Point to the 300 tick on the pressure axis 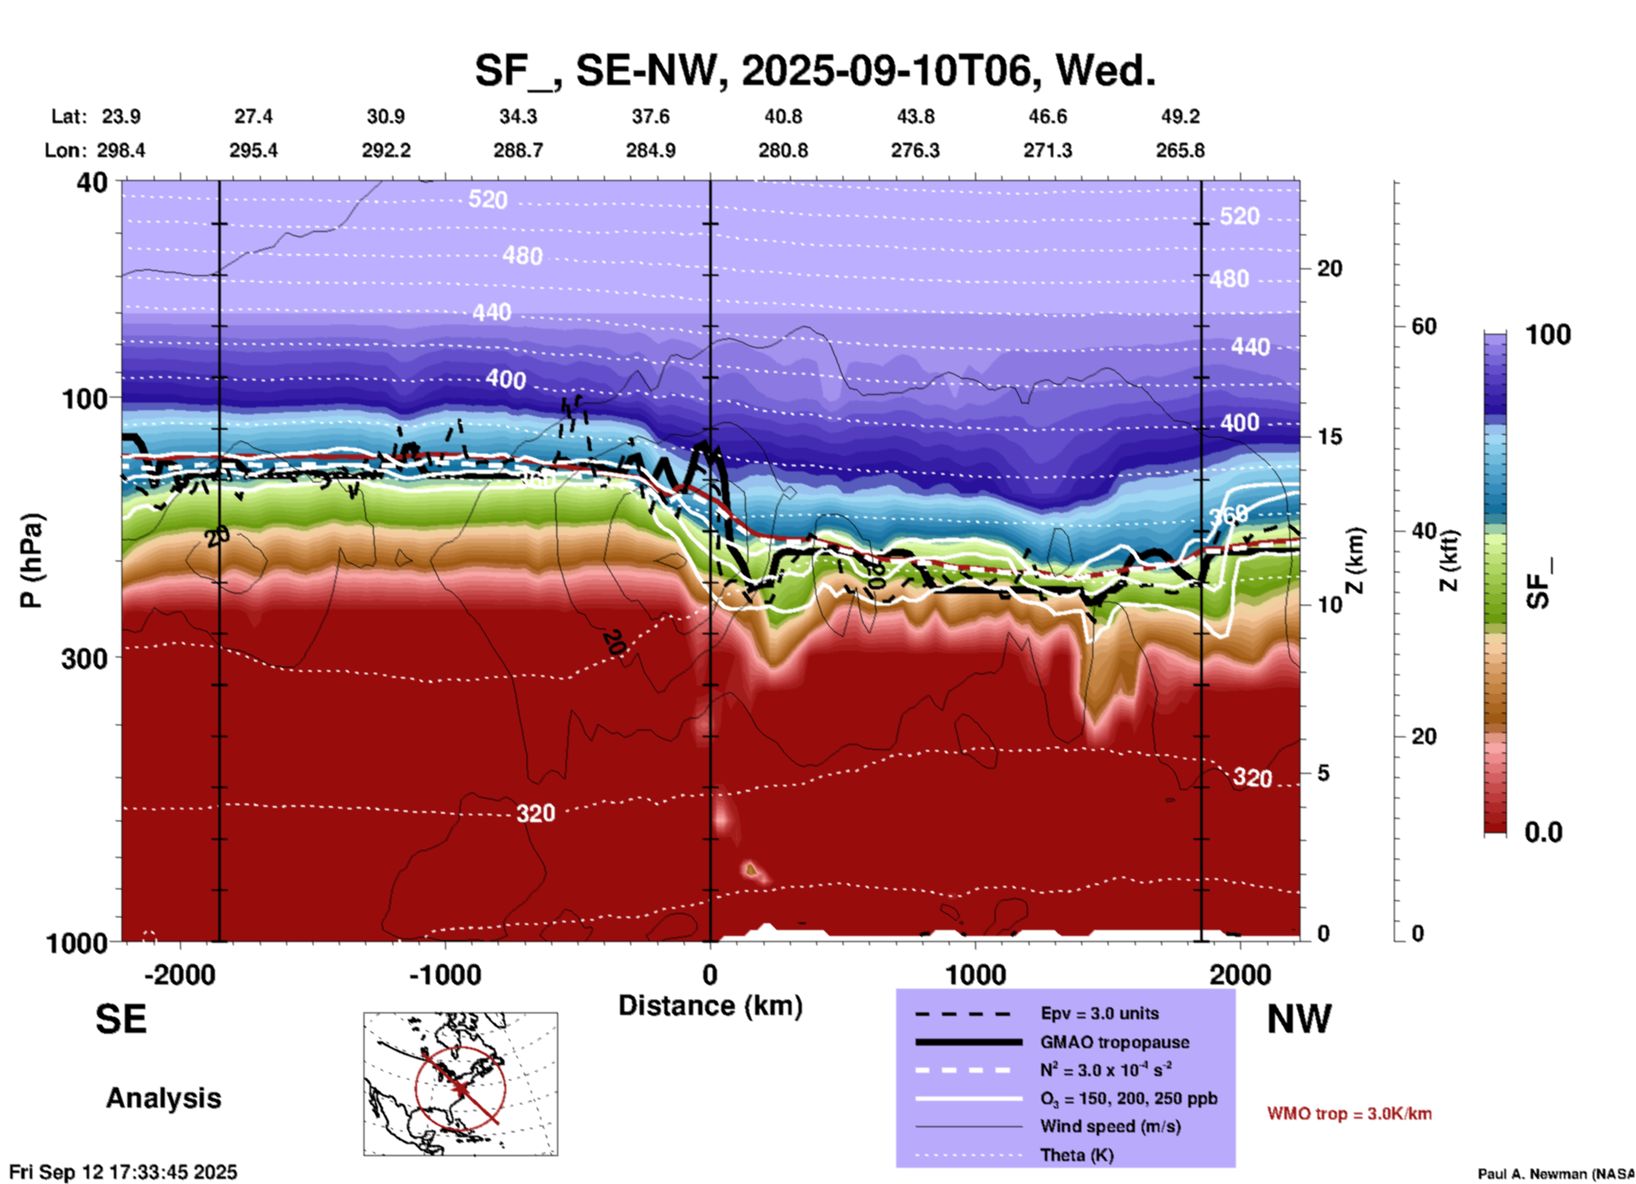pyautogui.click(x=85, y=658)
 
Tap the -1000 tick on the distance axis pyautogui.click(x=445, y=974)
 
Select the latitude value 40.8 pyautogui.click(x=782, y=116)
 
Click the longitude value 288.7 pyautogui.click(x=518, y=150)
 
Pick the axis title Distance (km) pyautogui.click(x=710, y=1006)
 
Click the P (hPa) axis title pyautogui.click(x=31, y=561)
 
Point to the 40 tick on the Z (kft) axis pyautogui.click(x=1424, y=532)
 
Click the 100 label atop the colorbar pyautogui.click(x=1548, y=335)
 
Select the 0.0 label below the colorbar pyautogui.click(x=1543, y=832)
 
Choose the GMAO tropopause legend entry pyautogui.click(x=1114, y=1042)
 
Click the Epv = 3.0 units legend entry pyautogui.click(x=1099, y=1013)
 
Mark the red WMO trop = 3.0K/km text pyautogui.click(x=1349, y=1114)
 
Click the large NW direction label pyautogui.click(x=1299, y=1019)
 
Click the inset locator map pyautogui.click(x=460, y=1083)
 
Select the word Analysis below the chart pyautogui.click(x=163, y=1097)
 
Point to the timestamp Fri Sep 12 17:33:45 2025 pyautogui.click(x=123, y=1172)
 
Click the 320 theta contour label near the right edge pyautogui.click(x=1252, y=777)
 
